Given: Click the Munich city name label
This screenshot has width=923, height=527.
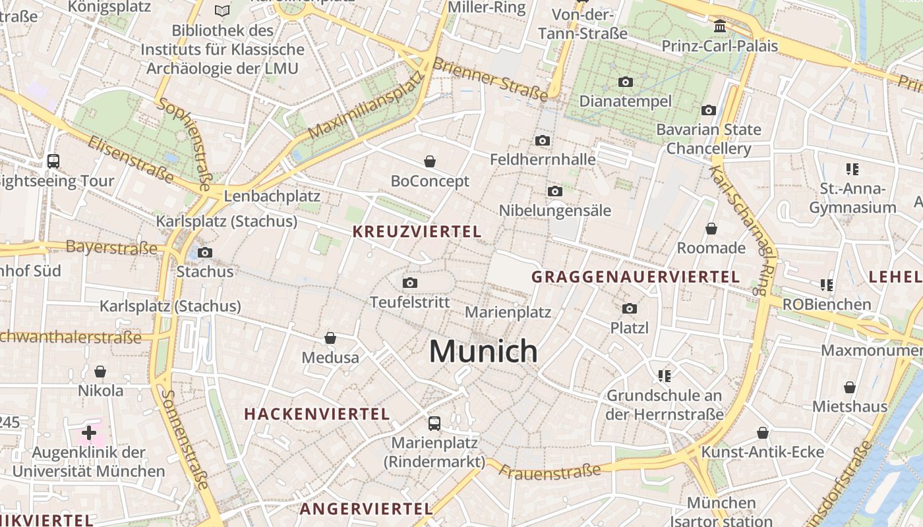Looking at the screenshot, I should pos(483,351).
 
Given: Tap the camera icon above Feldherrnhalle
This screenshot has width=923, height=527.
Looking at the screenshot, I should pos(543,140).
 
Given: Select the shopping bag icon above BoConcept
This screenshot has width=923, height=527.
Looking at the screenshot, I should pos(430,161).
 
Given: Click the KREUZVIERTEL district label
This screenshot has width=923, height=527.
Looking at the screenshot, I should pos(417,232).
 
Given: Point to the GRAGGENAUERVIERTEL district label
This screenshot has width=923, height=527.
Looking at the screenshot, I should pos(636,277).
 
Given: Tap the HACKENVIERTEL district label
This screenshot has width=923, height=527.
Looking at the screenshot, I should pos(317,414).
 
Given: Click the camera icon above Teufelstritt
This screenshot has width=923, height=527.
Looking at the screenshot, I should pos(410,283).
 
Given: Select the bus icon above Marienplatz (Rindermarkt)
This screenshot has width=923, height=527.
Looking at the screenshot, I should pos(434,423).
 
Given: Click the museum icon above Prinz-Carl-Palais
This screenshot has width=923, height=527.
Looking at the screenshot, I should pos(720,26).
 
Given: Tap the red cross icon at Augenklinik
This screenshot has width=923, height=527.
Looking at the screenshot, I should pos(89,433).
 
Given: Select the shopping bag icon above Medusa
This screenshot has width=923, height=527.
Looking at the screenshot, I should pos(330,338).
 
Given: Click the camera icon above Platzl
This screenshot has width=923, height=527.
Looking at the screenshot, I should pos(630,308).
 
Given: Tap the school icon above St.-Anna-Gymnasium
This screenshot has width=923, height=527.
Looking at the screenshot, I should pos(852,169).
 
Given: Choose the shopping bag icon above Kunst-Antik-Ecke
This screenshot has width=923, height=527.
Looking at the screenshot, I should pos(763,433).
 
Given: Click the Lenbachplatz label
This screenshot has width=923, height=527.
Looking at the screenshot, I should pos(272,196).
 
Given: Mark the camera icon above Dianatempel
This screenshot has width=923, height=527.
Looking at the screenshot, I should pos(626,82).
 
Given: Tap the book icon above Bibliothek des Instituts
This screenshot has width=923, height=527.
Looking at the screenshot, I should pos(222,11).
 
